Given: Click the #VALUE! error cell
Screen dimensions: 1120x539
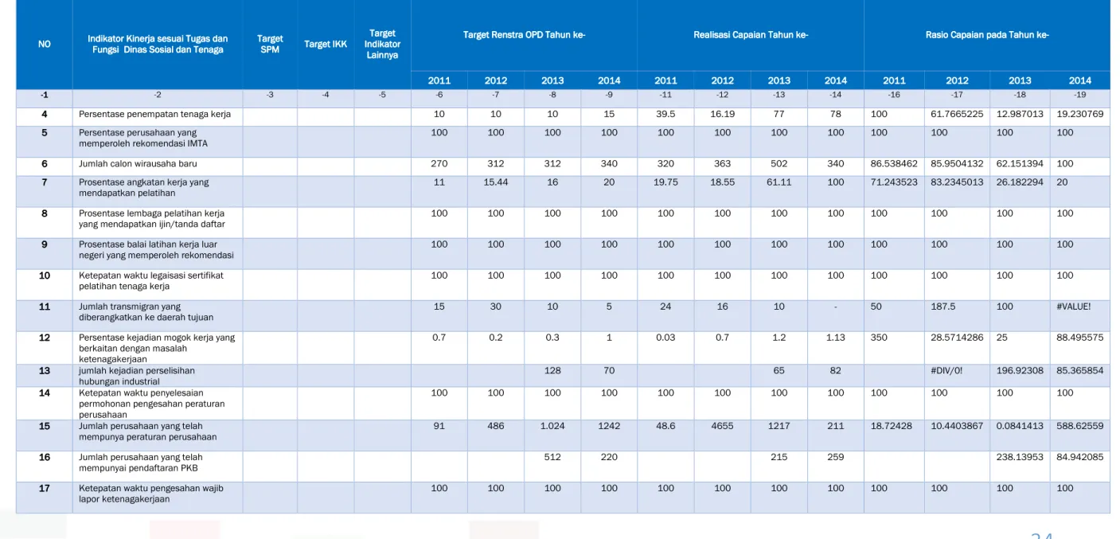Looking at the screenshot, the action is click(1074, 307).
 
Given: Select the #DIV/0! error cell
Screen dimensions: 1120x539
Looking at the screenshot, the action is click(946, 370).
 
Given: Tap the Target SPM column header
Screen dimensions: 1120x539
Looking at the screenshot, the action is click(270, 44).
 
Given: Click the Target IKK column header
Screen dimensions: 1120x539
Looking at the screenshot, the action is click(326, 44).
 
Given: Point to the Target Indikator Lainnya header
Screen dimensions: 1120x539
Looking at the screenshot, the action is click(382, 44).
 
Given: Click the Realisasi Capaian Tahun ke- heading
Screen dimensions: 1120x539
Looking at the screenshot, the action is click(751, 35).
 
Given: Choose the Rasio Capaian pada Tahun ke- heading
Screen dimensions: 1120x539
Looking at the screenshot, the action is click(987, 35).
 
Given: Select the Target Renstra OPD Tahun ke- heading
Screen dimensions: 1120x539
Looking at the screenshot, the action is click(524, 35).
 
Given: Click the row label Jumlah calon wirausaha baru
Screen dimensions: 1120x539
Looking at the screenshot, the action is click(138, 164).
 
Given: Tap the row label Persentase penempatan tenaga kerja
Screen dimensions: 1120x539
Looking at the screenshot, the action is click(155, 115).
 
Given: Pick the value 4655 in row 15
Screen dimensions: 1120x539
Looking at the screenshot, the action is click(722, 426).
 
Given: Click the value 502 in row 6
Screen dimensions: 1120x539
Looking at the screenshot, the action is click(779, 164).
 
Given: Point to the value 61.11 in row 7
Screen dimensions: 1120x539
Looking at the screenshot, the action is click(779, 182).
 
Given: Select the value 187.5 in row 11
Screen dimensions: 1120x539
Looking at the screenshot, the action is click(943, 307).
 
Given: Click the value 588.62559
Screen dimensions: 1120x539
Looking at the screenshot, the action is click(1080, 426).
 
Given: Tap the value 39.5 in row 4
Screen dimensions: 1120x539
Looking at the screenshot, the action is click(665, 115).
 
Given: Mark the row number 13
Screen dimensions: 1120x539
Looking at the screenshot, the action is click(45, 371).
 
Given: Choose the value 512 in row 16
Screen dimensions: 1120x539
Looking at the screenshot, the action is click(552, 457).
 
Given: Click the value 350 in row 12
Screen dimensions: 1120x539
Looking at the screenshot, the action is click(879, 338).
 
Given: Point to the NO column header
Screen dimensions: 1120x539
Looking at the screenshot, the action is click(45, 44).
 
